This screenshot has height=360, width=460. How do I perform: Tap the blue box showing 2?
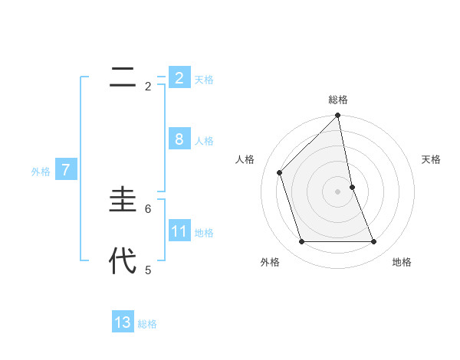pyautogui.click(x=179, y=77)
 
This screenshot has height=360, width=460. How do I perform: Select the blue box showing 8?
pyautogui.click(x=179, y=139)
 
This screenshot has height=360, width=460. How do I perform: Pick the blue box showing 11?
pyautogui.click(x=179, y=231)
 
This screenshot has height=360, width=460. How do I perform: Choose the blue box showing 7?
pyautogui.click(x=66, y=170)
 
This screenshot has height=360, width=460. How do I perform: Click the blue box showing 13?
pyautogui.click(x=123, y=322)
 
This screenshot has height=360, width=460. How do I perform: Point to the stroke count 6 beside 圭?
pyautogui.click(x=148, y=208)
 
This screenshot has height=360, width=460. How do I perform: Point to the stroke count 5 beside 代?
pyautogui.click(x=148, y=270)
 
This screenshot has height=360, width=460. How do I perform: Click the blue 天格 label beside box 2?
pyautogui.click(x=204, y=80)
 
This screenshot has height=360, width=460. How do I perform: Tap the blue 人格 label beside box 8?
pyautogui.click(x=204, y=141)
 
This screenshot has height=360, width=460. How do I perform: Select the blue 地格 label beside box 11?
pyautogui.click(x=204, y=233)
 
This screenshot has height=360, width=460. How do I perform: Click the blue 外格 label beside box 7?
pyautogui.click(x=41, y=172)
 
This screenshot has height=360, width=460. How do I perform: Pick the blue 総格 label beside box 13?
pyautogui.click(x=148, y=325)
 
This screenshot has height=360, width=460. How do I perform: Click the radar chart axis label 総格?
pyautogui.click(x=338, y=100)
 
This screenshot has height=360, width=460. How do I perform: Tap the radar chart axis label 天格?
pyautogui.click(x=431, y=159)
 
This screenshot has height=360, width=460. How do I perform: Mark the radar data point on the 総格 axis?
pyautogui.click(x=338, y=116)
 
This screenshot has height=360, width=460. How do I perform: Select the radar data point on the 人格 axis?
pyautogui.click(x=280, y=172)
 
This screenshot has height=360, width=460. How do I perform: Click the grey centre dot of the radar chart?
pyautogui.click(x=338, y=191)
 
